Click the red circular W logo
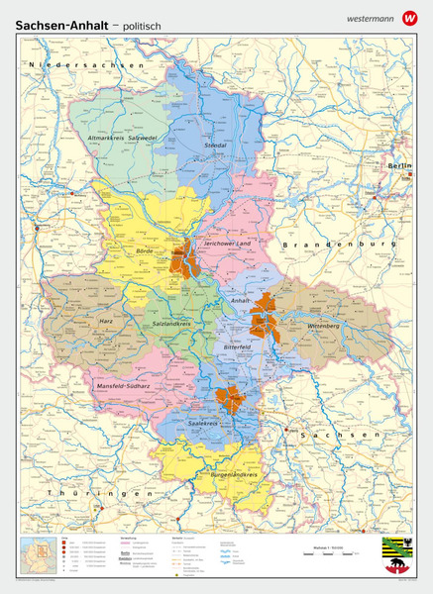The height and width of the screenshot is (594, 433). [x=410, y=17]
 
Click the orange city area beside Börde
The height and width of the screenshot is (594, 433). [x=183, y=257]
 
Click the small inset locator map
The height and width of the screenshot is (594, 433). [x=37, y=556]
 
